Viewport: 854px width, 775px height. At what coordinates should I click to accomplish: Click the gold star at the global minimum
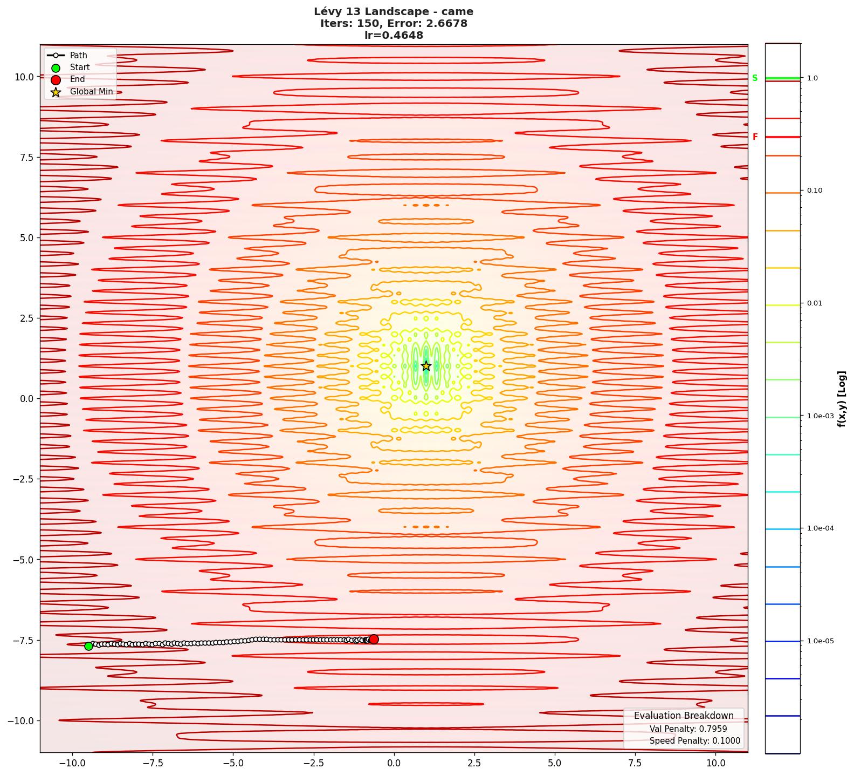(426, 366)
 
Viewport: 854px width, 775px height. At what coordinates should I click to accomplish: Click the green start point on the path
(88, 646)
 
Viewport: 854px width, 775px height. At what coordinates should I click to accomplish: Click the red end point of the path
(374, 639)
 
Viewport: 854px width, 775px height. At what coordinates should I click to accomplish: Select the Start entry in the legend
(80, 67)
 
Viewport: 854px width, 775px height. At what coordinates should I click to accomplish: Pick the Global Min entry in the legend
(91, 92)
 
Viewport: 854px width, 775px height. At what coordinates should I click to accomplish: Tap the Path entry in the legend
(78, 55)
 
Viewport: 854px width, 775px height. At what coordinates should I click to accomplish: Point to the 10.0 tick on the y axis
(24, 77)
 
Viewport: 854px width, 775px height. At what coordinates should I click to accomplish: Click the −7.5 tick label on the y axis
(22, 640)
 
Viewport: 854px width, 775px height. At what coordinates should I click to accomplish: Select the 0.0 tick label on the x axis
(394, 763)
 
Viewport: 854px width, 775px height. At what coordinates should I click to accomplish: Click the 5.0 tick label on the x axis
(554, 763)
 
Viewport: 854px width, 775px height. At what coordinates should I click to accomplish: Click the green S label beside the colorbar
(755, 78)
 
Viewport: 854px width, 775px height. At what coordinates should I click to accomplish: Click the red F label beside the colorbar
(755, 137)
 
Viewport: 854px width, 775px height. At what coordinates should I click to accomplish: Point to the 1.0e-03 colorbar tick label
(820, 416)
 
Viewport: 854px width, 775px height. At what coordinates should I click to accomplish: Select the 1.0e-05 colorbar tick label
(820, 641)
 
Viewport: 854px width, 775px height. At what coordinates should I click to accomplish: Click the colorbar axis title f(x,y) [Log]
(842, 399)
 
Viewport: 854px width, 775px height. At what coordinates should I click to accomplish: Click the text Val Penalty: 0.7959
(688, 729)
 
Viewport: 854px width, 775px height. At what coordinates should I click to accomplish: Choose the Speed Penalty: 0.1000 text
(694, 741)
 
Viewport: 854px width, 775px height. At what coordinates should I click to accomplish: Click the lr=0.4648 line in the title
(394, 36)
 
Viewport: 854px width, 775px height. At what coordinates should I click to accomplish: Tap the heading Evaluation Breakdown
(684, 716)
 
